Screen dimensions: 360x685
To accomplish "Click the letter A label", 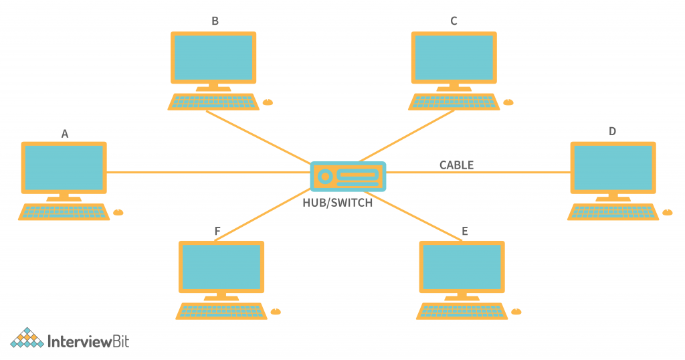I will (x=65, y=134).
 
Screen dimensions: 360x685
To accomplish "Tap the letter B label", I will (x=215, y=21).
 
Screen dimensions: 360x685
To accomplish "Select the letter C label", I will (x=454, y=21).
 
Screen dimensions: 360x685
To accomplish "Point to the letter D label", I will (x=612, y=131).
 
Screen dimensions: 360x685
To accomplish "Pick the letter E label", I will (x=464, y=232).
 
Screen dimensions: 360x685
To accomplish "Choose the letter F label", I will (x=217, y=232).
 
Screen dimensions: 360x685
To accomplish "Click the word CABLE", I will (x=456, y=165).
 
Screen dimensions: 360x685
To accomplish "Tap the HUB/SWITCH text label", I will (x=337, y=203).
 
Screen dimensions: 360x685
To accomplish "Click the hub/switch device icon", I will (x=348, y=177).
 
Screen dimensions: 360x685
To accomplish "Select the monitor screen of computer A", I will (x=64, y=167).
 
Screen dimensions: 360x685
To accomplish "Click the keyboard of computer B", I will (x=213, y=102).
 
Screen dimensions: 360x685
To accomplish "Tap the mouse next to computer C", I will (x=508, y=102).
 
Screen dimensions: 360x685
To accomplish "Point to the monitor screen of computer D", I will (x=613, y=167).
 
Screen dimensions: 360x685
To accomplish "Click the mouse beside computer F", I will (x=276, y=311).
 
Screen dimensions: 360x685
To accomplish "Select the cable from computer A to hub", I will (x=207, y=173).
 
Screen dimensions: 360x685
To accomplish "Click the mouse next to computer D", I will (x=667, y=212).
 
